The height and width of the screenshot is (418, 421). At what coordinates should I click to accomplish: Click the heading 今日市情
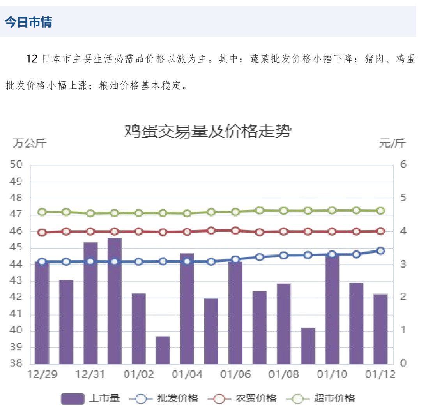click(x=28, y=22)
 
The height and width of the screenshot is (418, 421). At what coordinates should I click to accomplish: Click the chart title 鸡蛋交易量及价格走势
click(x=207, y=132)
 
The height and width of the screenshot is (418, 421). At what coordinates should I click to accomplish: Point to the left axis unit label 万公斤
click(x=30, y=143)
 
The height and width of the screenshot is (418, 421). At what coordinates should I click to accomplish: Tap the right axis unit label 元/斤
click(x=392, y=143)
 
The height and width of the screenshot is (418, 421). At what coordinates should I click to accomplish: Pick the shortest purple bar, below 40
click(x=163, y=349)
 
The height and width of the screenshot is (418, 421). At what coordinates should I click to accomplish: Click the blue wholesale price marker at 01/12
click(x=380, y=250)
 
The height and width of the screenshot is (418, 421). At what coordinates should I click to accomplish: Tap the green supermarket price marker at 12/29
click(x=42, y=212)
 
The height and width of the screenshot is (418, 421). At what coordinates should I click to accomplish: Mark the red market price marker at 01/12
click(x=380, y=231)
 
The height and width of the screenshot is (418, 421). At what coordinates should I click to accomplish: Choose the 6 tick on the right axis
click(x=403, y=165)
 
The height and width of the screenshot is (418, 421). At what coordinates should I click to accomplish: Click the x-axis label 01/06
click(x=235, y=375)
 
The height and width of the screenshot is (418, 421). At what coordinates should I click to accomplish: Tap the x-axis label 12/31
click(x=90, y=375)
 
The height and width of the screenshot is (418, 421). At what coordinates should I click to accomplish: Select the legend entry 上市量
click(x=90, y=399)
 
